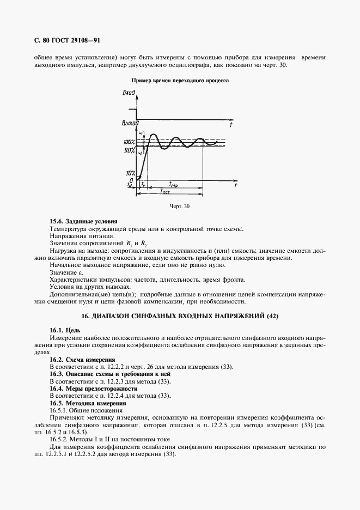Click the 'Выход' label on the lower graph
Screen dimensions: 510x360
pos(130,123)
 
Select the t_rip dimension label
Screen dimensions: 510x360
pos(175,184)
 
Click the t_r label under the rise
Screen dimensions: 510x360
pos(143,185)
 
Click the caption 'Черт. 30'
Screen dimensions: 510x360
pos(180,207)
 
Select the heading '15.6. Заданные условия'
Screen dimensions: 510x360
pos(83,222)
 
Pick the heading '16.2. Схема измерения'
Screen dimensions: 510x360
pos(82,360)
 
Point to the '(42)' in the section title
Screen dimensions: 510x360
pos(272,315)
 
